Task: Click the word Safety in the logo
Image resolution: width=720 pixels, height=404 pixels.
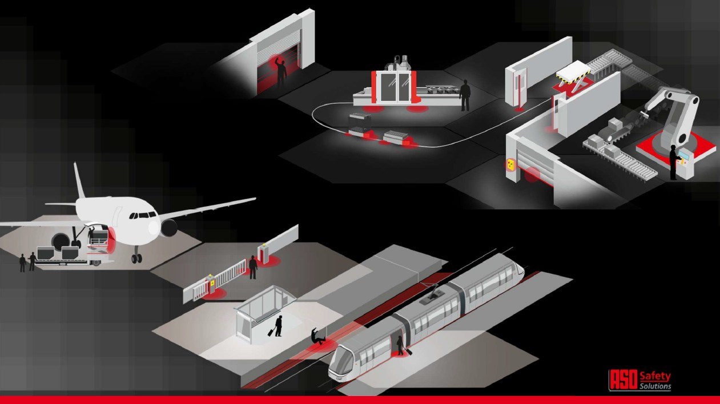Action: (x=655, y=375)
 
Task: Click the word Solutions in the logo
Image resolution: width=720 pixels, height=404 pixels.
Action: (x=655, y=386)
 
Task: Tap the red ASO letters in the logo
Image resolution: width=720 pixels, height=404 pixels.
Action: (x=624, y=379)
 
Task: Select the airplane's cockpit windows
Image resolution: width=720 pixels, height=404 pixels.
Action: (x=143, y=215)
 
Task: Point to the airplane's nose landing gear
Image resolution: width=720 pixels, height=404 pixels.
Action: (x=136, y=255)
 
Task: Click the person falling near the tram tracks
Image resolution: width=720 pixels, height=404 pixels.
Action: (x=318, y=336)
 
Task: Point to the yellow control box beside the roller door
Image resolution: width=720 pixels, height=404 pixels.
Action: (x=509, y=165)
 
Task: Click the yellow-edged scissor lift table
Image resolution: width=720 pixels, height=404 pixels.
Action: (x=573, y=75)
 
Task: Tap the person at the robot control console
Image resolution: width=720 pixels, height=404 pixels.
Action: (x=674, y=162)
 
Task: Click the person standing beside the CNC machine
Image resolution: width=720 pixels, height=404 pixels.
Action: (x=465, y=95)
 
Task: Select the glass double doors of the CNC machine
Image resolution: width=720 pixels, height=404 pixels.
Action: (x=394, y=87)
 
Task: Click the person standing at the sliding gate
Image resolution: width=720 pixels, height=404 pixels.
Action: (x=253, y=267)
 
